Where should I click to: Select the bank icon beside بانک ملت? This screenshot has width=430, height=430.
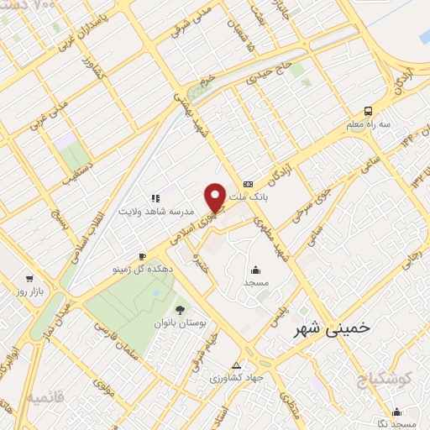pyautogui.click(x=248, y=184)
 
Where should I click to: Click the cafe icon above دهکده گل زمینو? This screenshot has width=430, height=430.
pyautogui.click(x=142, y=255)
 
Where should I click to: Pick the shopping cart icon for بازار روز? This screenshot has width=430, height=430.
pyautogui.click(x=30, y=278)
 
